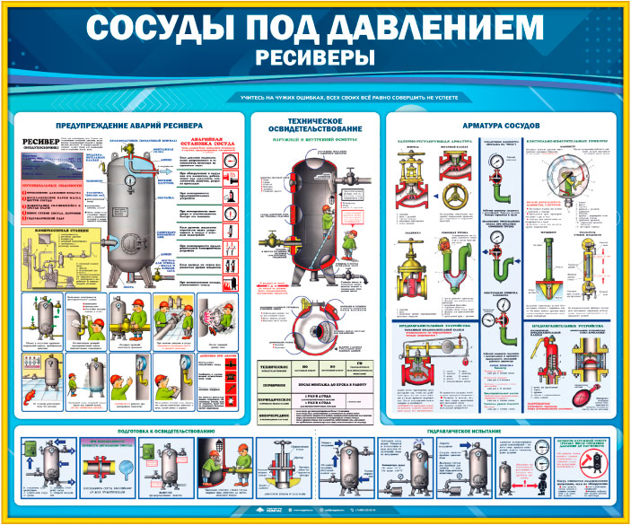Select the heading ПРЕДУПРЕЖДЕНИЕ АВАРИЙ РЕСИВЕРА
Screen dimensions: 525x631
click(129, 125)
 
